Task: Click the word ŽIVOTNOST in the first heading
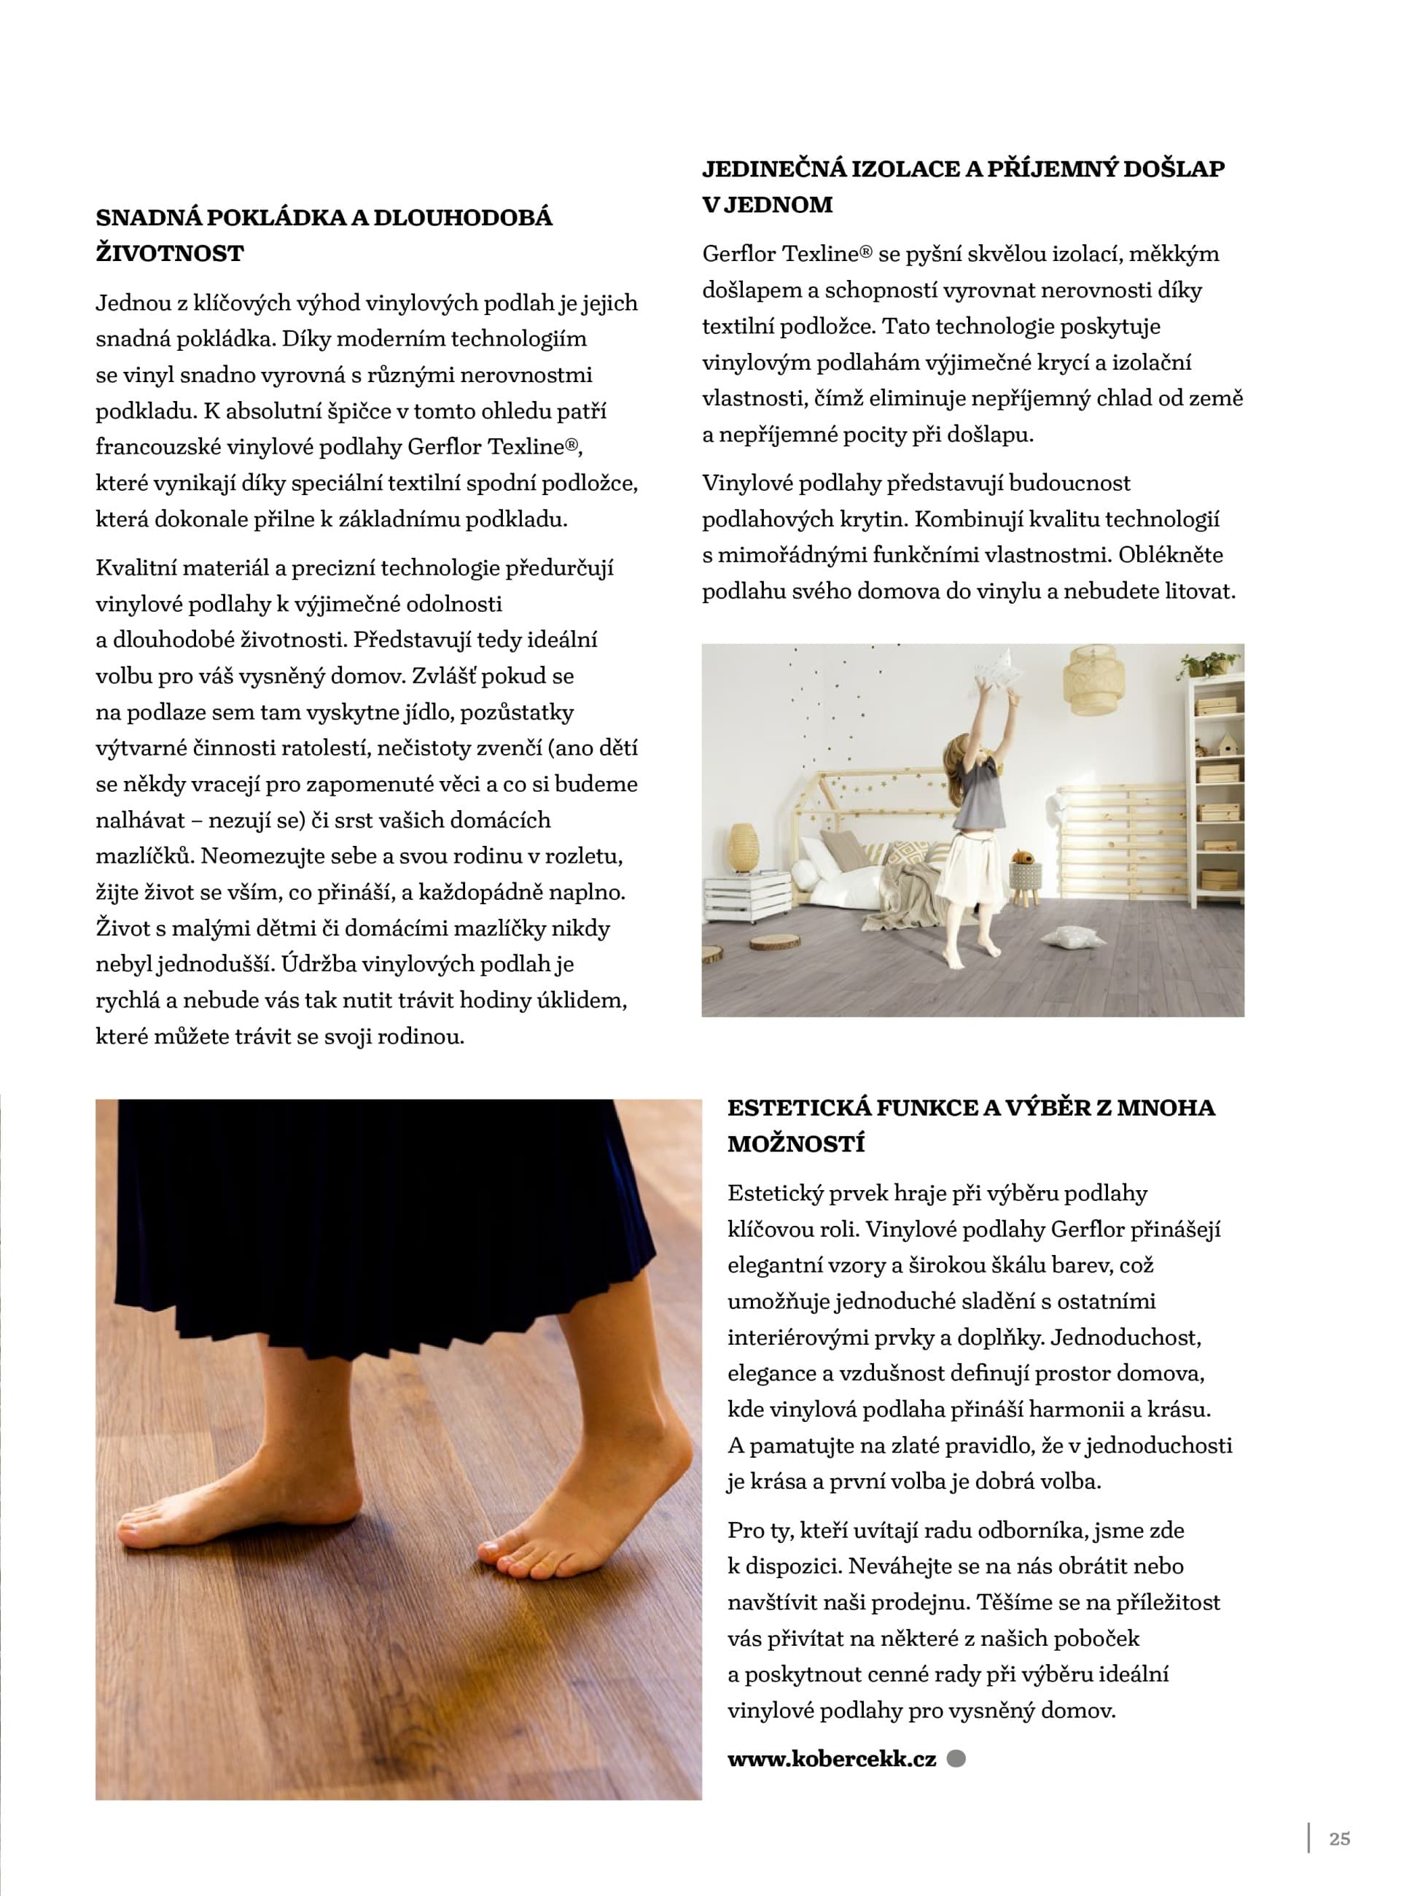(x=170, y=253)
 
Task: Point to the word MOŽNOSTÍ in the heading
(x=795, y=1143)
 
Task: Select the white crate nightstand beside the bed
(x=747, y=896)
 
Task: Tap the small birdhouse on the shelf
(x=1228, y=745)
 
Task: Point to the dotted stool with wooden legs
(x=1026, y=881)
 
